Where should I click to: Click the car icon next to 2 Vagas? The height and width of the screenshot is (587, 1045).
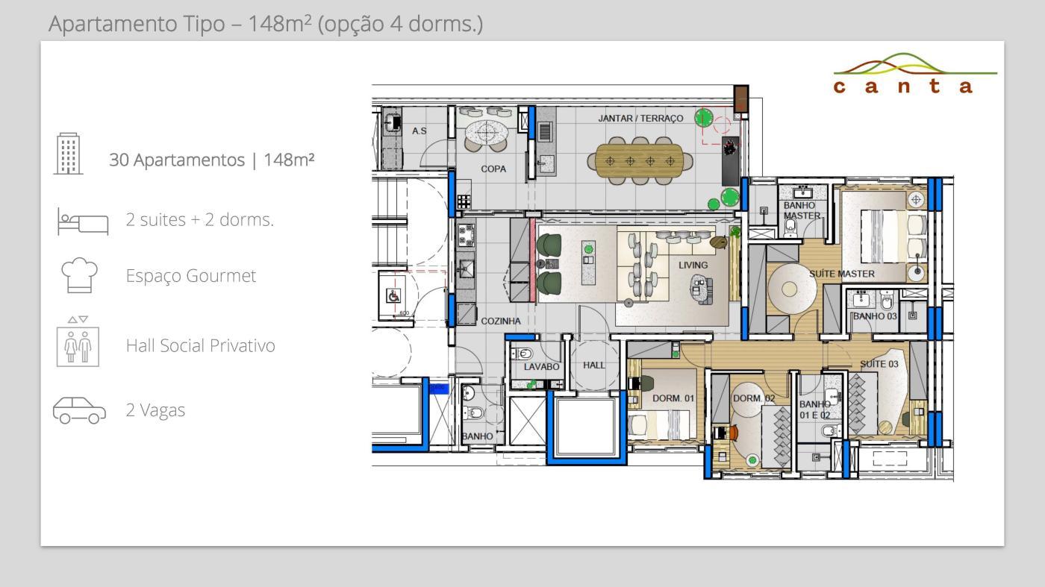click(x=79, y=410)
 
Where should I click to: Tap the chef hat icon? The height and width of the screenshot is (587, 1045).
click(x=79, y=275)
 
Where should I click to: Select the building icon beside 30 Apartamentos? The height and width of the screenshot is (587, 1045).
click(x=68, y=154)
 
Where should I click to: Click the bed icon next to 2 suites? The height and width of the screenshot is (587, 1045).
click(x=83, y=222)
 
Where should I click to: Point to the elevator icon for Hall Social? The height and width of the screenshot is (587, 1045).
click(x=78, y=342)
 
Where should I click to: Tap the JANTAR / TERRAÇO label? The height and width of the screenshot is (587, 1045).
click(x=640, y=119)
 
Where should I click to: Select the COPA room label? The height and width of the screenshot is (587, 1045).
click(x=493, y=169)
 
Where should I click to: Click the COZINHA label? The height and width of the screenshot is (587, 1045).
click(x=501, y=321)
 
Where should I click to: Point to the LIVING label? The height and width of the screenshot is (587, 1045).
click(x=693, y=265)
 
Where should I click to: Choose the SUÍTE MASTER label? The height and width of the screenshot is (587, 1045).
click(x=842, y=274)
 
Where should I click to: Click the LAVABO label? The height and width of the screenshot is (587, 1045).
click(x=541, y=366)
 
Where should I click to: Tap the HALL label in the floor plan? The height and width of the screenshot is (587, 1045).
click(x=593, y=365)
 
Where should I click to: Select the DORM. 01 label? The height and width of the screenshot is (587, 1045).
click(x=673, y=398)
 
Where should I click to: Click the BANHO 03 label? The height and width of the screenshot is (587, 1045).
click(x=875, y=316)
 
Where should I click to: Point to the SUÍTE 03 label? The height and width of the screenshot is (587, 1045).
click(x=879, y=364)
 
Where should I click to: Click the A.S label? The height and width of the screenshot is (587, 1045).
click(x=419, y=131)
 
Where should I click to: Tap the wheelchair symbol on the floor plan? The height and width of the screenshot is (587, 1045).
click(x=393, y=296)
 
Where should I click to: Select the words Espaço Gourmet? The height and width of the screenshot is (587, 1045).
click(x=191, y=275)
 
